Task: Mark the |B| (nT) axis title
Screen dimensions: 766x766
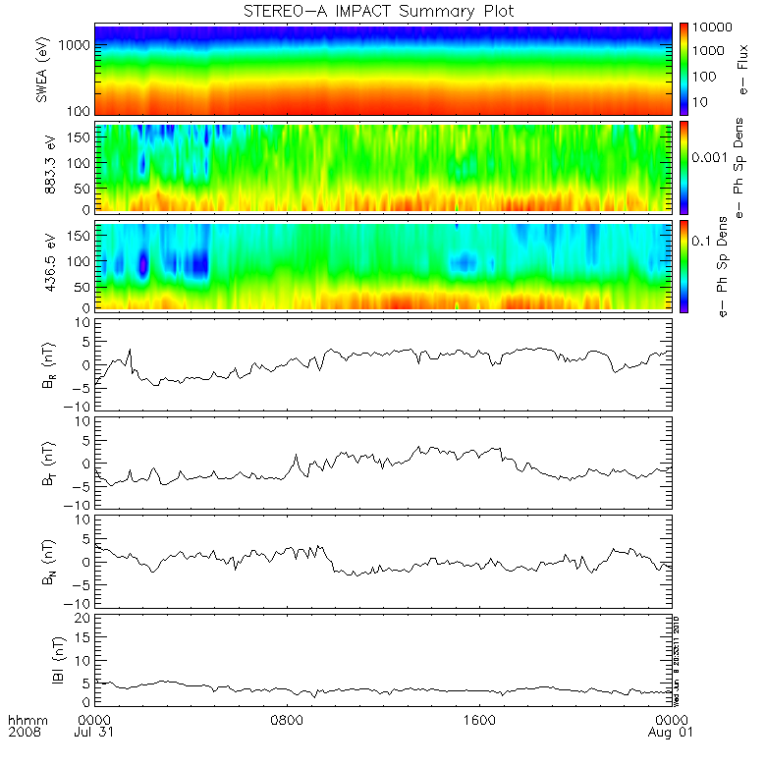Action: click(x=44, y=658)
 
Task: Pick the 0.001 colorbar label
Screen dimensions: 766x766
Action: click(x=712, y=157)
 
